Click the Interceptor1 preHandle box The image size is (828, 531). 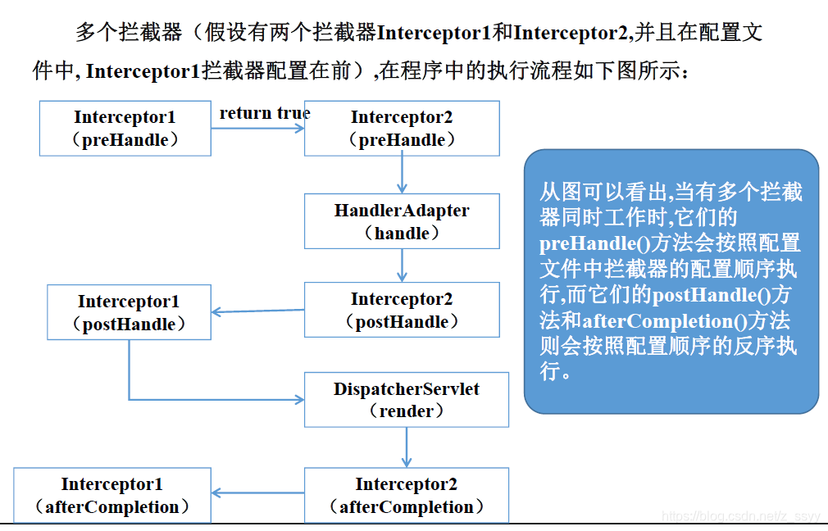(x=125, y=129)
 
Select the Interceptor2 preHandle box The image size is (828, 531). (x=402, y=129)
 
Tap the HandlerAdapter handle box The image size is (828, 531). (x=402, y=221)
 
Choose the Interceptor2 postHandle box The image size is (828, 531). (x=402, y=310)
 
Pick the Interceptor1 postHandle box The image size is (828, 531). (x=129, y=312)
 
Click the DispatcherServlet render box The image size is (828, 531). (x=406, y=399)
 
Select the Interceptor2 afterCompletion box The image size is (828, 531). (x=406, y=495)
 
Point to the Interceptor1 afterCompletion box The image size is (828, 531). (x=112, y=495)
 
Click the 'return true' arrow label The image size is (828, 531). (x=264, y=113)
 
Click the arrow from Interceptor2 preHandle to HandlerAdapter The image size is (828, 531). (x=402, y=175)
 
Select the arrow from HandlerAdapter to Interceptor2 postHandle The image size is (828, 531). (x=402, y=265)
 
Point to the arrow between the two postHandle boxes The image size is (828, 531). (x=257, y=311)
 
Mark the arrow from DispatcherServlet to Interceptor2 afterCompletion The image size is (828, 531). (x=406, y=447)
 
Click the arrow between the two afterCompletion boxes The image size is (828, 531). (x=257, y=493)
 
